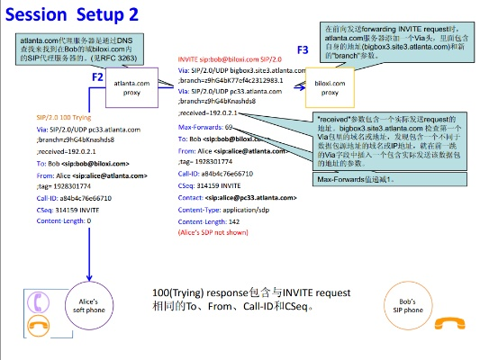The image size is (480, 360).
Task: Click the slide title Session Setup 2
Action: coord(85,16)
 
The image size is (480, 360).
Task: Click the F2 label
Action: coord(98,77)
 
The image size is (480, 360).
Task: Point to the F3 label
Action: coord(303,49)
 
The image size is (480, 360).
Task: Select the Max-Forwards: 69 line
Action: coord(205,128)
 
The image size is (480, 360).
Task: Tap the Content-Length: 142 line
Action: coord(209,220)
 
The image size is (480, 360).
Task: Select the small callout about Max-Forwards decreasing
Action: coord(357,179)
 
